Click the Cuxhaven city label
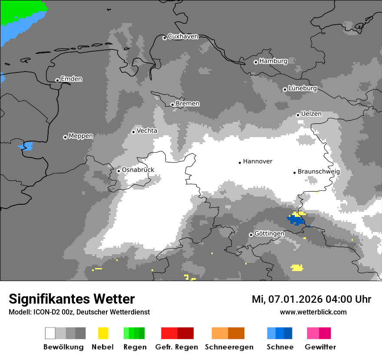tap(183, 36)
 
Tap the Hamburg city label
tap(273, 61)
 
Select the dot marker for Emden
tap(57, 80)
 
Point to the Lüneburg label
tap(302, 88)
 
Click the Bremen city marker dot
tap(172, 105)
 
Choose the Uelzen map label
tap(311, 114)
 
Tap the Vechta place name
tap(147, 131)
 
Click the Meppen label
tap(81, 136)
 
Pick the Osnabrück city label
tap(138, 170)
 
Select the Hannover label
tap(257, 161)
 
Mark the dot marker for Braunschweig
tap(294, 173)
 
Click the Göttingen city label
tap(269, 234)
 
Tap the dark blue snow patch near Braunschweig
tap(296, 220)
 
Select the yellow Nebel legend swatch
tap(103, 333)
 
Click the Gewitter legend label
tap(320, 347)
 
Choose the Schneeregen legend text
tap(229, 347)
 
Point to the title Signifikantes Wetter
tap(72, 299)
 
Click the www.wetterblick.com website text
tap(313, 312)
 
